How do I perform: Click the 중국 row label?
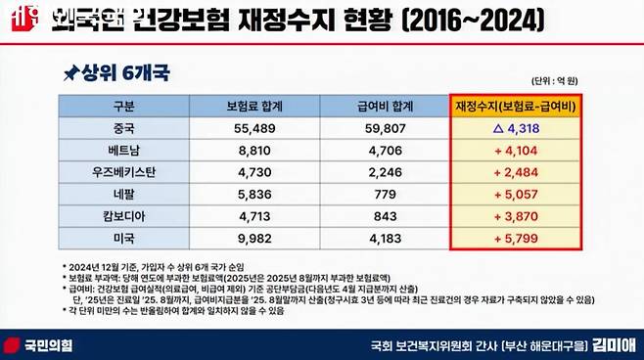(123, 126)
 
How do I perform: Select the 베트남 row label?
(123, 149)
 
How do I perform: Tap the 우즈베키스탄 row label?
(123, 172)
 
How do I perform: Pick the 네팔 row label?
(123, 195)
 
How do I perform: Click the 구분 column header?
(123, 104)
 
